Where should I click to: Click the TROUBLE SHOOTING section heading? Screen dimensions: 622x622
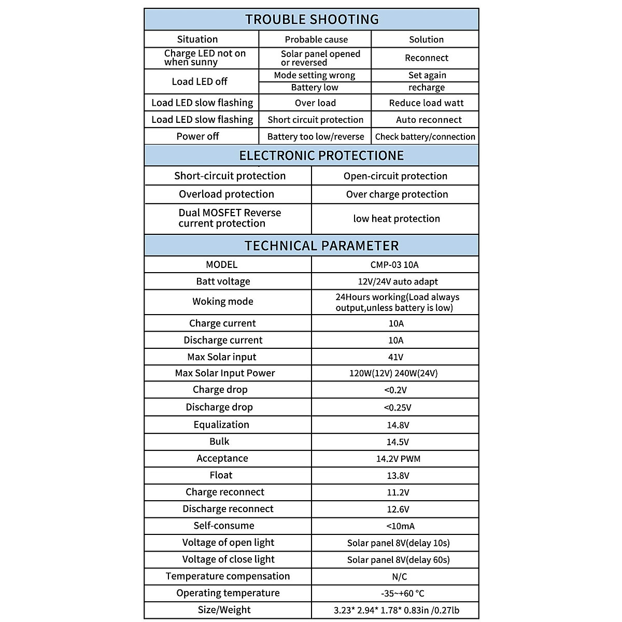(312, 20)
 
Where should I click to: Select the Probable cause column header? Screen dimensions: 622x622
(316, 39)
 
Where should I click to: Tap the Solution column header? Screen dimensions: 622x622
(426, 39)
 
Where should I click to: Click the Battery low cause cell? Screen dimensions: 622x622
(315, 88)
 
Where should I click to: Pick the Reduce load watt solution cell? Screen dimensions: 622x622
(426, 103)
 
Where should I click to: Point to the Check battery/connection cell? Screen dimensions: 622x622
(425, 137)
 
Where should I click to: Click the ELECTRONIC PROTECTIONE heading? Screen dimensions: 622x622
(321, 155)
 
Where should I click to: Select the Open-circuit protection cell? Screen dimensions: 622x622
(395, 176)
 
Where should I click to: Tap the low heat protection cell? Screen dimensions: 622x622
(396, 219)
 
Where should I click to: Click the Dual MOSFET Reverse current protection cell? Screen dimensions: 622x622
(229, 218)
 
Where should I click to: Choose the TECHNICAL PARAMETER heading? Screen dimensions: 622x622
(321, 246)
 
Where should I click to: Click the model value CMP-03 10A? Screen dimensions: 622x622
(395, 265)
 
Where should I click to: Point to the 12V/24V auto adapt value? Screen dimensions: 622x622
(395, 281)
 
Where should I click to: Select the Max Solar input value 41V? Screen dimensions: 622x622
(395, 357)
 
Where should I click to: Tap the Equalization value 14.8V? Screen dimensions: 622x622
(398, 425)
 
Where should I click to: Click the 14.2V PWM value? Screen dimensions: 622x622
(398, 459)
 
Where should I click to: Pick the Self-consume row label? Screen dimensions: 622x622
(224, 526)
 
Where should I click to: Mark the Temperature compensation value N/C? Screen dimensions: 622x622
(399, 576)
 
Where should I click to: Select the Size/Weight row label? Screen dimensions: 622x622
(224, 610)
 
